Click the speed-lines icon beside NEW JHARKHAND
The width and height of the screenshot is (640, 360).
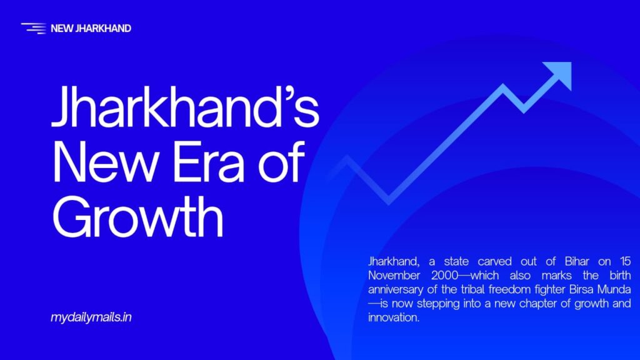click(x=34, y=28)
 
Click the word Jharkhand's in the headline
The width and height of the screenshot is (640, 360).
click(x=185, y=106)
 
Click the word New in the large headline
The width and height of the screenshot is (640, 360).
click(x=104, y=162)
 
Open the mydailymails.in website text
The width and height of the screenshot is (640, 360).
click(x=91, y=317)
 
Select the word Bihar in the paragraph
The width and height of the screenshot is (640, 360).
click(x=577, y=261)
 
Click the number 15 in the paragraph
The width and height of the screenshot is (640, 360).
click(x=625, y=261)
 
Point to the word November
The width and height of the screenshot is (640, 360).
click(x=394, y=276)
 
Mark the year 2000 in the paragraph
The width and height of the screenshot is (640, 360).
click(x=445, y=276)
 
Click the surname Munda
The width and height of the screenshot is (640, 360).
click(x=614, y=289)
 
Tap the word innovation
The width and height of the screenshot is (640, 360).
click(x=394, y=317)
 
